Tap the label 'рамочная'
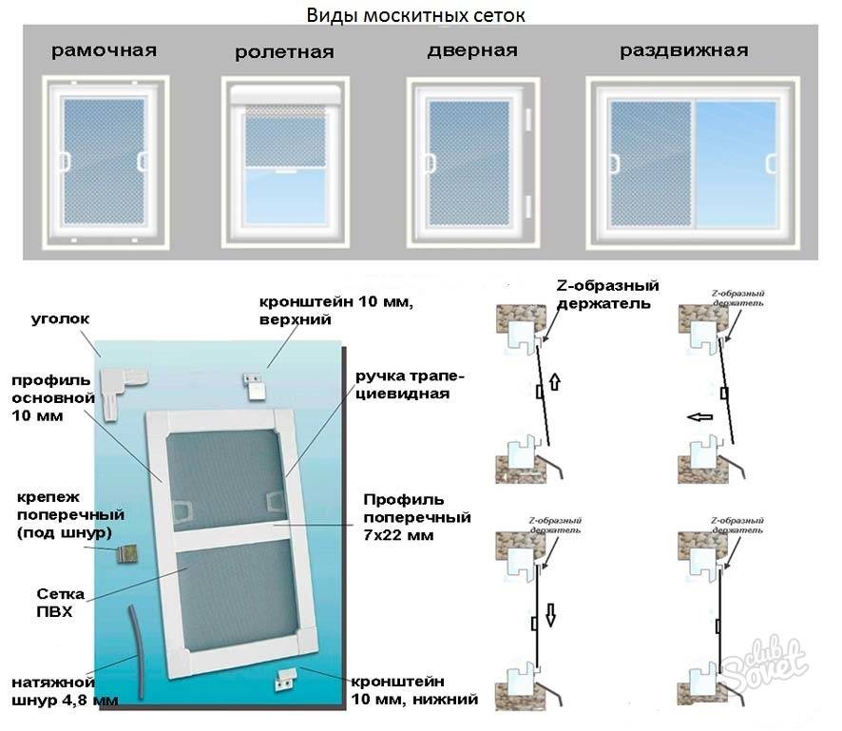coord(105,50)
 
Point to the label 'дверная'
coord(472,50)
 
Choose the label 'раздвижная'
coord(683,50)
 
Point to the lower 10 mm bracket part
coord(285,677)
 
